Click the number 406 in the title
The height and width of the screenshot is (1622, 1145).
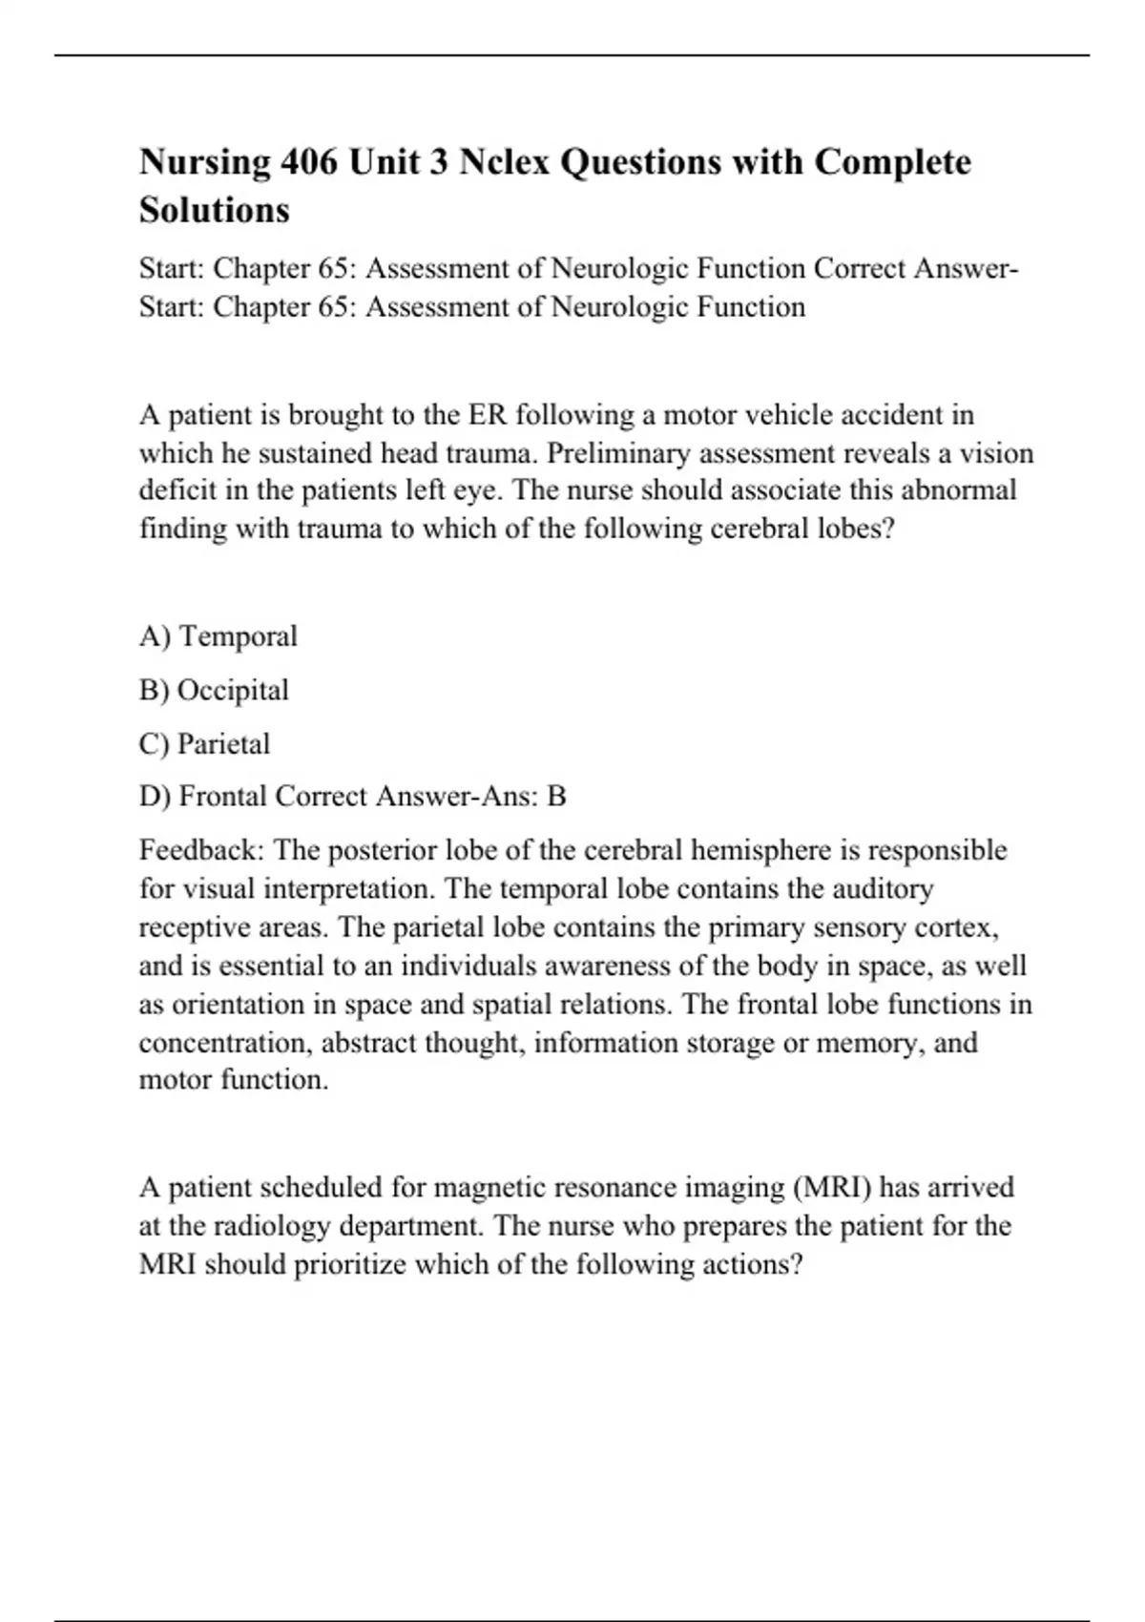pos(308,162)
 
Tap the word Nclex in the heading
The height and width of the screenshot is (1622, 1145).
pos(504,162)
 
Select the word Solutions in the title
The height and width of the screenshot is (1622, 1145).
pos(214,210)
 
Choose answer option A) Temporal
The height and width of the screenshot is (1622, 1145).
pos(219,636)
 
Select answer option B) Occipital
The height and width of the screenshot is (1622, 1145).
pos(214,690)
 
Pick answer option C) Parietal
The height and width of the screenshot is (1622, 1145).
pos(204,743)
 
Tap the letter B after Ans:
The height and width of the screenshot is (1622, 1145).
pos(556,796)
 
